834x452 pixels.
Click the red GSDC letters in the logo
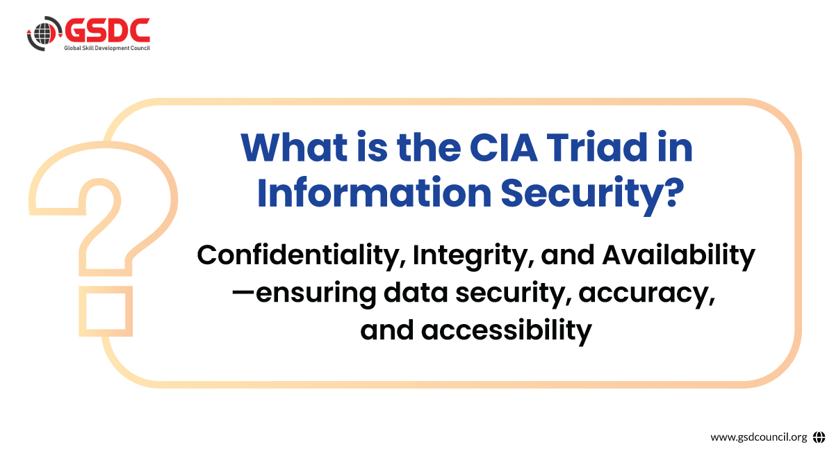[108, 30]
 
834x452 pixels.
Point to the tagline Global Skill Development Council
[107, 48]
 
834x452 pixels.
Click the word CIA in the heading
[504, 147]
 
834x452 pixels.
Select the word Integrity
[473, 257]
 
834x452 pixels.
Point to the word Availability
[679, 257]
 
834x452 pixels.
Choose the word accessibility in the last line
[507, 331]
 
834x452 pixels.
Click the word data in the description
[416, 293]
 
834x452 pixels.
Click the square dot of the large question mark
[106, 311]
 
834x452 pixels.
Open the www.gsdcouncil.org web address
[759, 437]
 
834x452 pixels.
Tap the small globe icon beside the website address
[819, 437]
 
